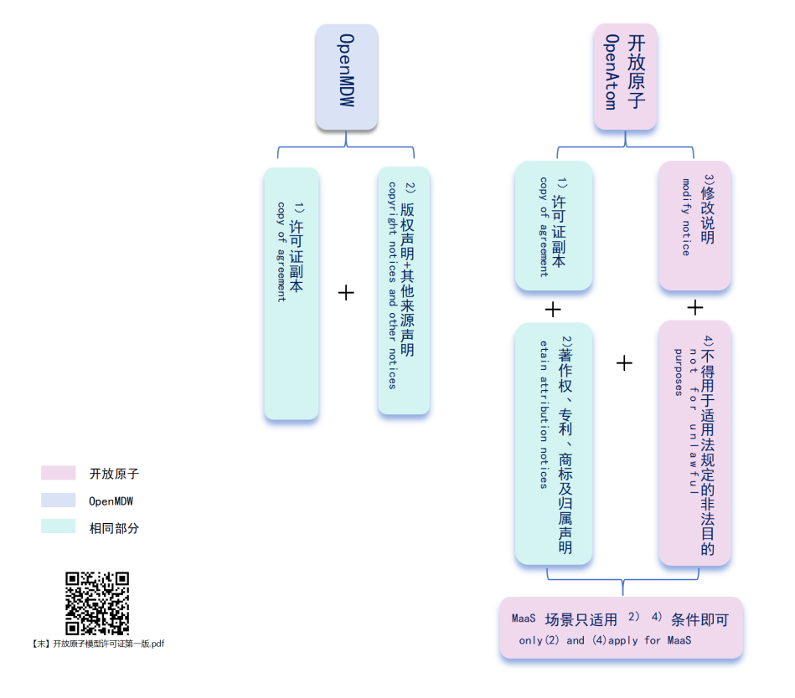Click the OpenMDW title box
pos(347,76)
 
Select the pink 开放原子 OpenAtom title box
pos(625,76)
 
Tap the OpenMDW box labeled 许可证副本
pos(292,293)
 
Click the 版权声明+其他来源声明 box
pos(404,290)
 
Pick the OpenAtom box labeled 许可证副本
pos(554,225)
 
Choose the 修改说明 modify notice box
pos(694,225)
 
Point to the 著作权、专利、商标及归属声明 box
pos(554,444)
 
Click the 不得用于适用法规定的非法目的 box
pos(694,443)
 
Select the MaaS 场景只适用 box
pos(621,628)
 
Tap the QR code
pos(97,603)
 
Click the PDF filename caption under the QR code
pos(97,644)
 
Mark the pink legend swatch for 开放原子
pos(59,474)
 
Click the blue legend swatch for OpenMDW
pos(59,500)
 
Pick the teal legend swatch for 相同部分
pos(59,527)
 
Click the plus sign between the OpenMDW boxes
pos(346,292)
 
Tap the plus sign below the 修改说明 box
pos(694,308)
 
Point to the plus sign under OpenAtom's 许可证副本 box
pos(553,310)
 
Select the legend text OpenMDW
pos(111,501)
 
